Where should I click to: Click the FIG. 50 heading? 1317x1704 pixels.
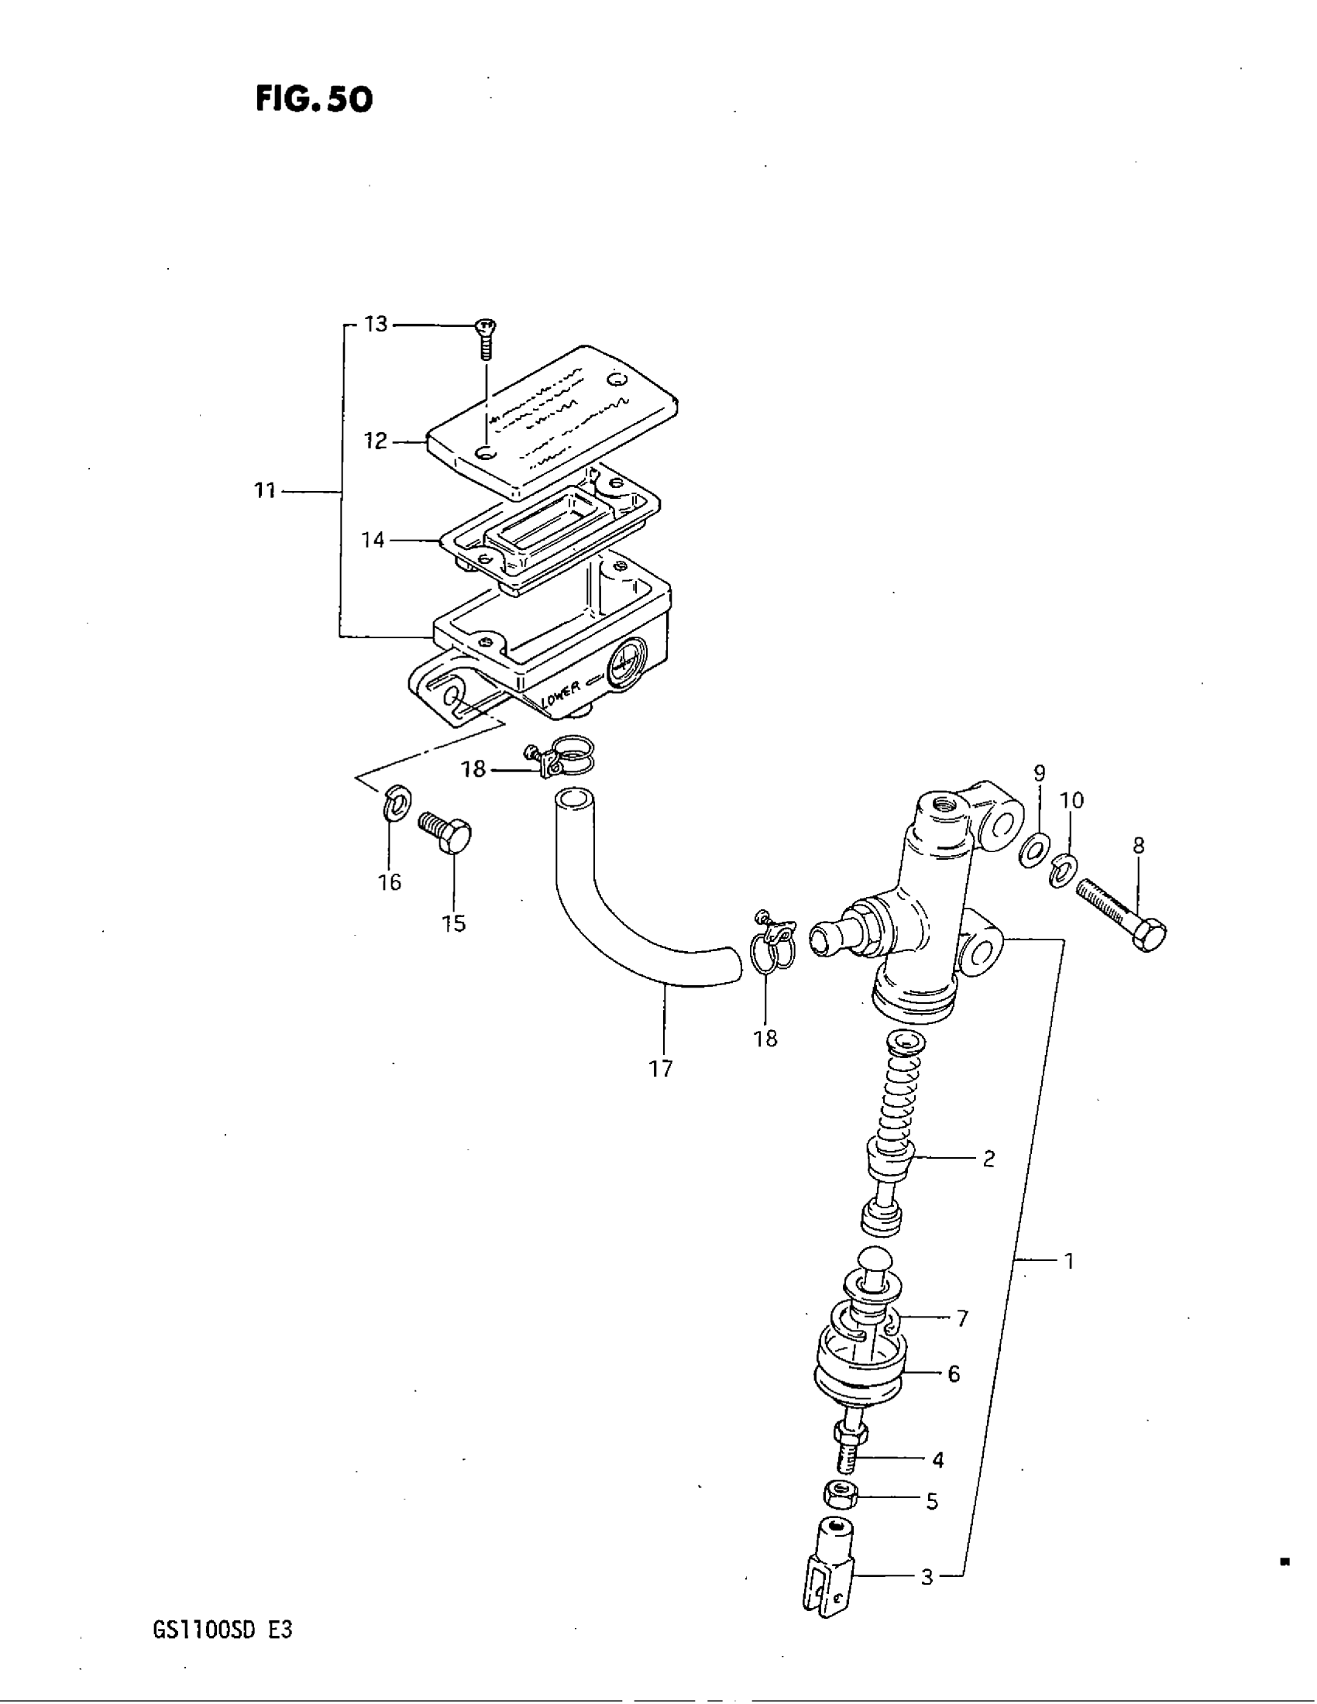click(314, 99)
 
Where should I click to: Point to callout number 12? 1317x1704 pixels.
click(375, 441)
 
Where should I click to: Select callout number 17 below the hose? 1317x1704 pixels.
click(660, 1068)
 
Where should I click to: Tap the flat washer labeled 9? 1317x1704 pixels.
click(1033, 850)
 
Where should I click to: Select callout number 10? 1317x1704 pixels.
click(1072, 801)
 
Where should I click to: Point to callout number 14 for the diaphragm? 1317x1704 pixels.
click(373, 539)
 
